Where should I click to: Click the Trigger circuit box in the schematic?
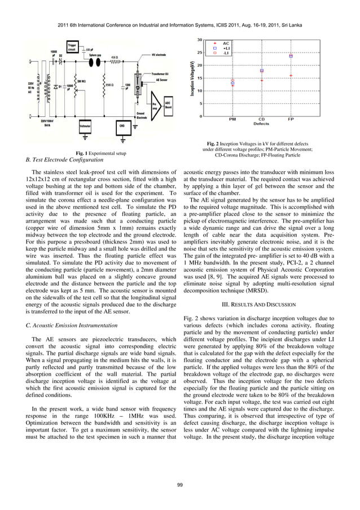coord(72,46)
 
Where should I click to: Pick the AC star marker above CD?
coord(262,80)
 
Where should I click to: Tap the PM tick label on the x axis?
coord(232,119)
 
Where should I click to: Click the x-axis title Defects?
coord(261,124)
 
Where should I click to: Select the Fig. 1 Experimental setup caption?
coord(100,154)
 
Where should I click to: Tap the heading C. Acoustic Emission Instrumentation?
coord(72,325)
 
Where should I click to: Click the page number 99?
coord(180,485)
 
